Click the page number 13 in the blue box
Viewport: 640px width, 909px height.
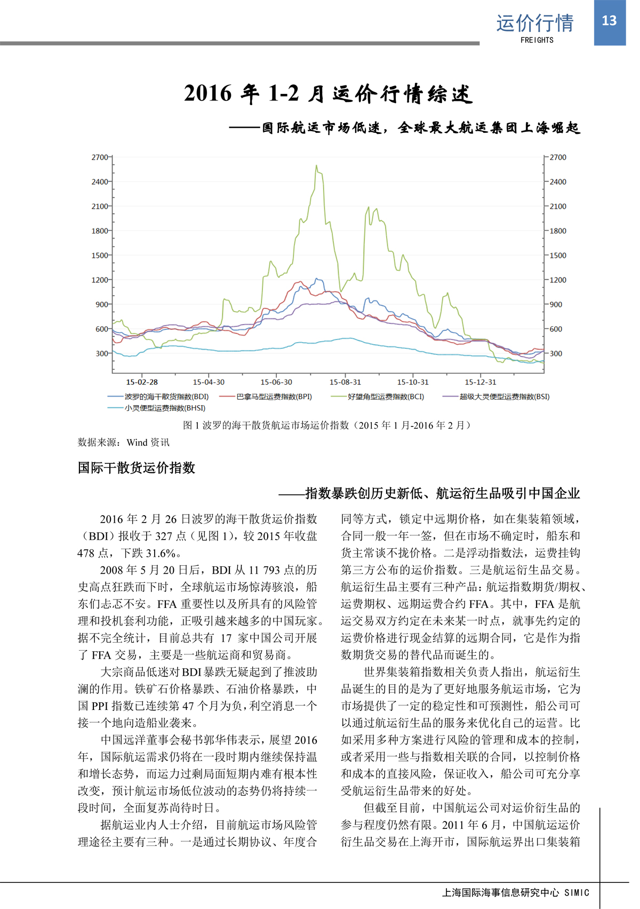[609, 21]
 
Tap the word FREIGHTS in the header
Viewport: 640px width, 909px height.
[537, 40]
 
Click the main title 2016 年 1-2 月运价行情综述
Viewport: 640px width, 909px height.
[328, 93]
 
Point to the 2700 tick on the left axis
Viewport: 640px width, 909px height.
[100, 157]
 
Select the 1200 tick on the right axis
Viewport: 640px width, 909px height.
[558, 280]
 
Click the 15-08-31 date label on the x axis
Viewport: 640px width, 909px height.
[345, 382]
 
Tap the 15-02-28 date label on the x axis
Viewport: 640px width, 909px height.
[142, 382]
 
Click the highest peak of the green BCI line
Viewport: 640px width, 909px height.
[316, 166]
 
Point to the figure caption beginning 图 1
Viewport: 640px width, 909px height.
[327, 425]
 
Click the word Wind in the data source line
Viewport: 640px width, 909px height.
[137, 442]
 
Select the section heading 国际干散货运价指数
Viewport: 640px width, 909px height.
[137, 468]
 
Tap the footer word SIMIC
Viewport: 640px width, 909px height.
[577, 892]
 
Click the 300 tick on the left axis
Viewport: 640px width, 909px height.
[102, 353]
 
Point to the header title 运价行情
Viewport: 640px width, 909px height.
[535, 23]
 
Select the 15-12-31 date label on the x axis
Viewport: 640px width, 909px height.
[480, 382]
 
